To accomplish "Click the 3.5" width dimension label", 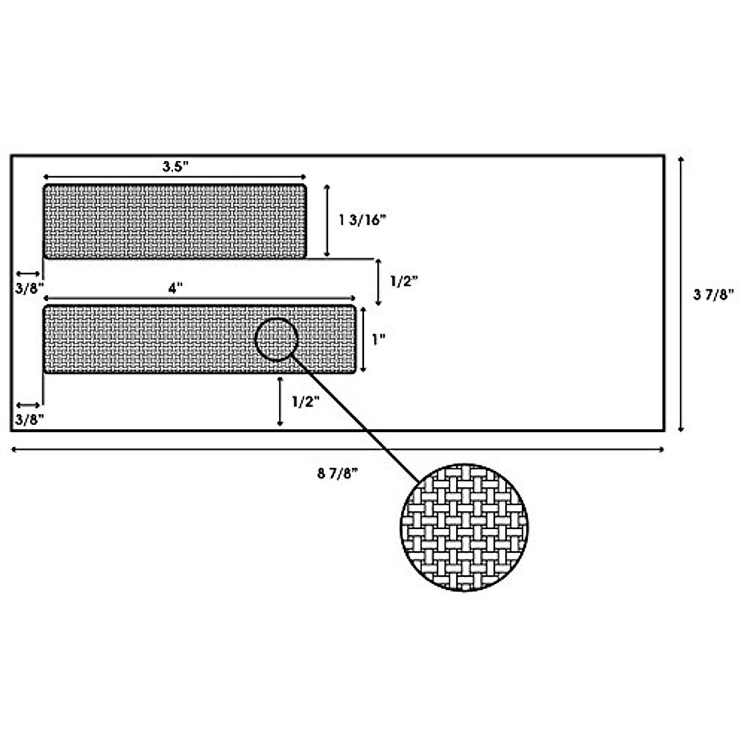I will [x=175, y=166].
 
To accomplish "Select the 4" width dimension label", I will [x=176, y=289].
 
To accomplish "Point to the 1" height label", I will [x=379, y=340].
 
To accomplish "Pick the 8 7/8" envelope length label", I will [x=338, y=474].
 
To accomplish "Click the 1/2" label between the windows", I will [x=404, y=281].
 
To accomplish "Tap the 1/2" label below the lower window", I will [x=305, y=401].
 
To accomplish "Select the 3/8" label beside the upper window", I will [x=30, y=289].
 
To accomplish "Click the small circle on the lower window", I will [x=277, y=339].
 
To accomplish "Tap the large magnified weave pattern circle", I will [x=464, y=526].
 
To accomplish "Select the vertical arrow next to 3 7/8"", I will [x=682, y=294].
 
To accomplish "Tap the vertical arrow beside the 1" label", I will [x=364, y=339].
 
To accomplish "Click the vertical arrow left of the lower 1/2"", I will [x=281, y=401].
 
